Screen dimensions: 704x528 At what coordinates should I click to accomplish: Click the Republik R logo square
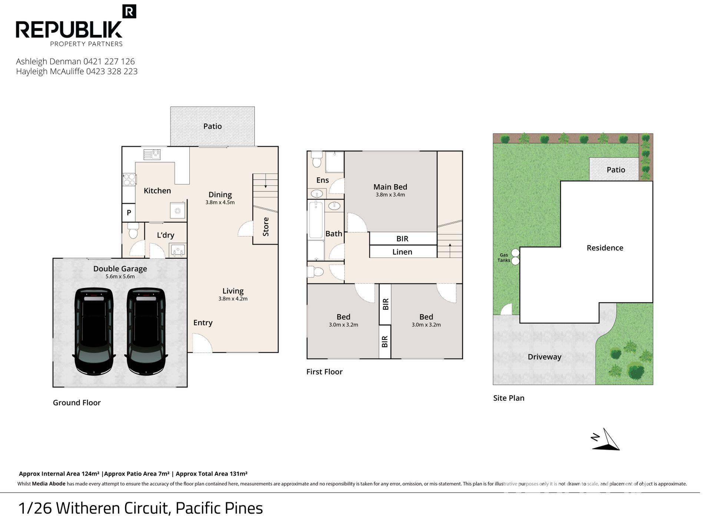coord(129,11)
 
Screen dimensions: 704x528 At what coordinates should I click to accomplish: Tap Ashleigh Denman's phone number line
coord(75,62)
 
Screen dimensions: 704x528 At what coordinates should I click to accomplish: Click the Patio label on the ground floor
coord(213,126)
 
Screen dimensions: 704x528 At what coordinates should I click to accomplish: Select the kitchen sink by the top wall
coord(152,154)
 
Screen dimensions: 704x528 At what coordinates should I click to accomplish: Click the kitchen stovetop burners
coord(129,180)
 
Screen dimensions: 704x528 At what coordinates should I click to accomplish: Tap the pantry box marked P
coord(129,213)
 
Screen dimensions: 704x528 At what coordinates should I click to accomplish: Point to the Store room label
coord(266,227)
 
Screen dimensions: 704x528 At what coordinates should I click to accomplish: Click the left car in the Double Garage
coord(94,331)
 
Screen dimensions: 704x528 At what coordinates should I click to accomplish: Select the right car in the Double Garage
coord(146,331)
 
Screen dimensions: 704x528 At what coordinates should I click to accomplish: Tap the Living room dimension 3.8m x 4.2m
coord(233,299)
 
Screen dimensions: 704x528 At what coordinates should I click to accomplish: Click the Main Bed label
coord(390,187)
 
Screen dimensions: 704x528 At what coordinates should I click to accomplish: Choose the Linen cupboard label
coord(402,252)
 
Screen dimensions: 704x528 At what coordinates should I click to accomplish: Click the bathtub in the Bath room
coord(316,219)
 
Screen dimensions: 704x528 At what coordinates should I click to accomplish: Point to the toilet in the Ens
coord(316,159)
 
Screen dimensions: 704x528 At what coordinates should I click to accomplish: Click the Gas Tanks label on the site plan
coord(504,258)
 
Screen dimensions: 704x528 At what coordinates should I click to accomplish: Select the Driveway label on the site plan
coord(545,357)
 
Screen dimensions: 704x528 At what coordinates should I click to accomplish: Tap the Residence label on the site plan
coord(605,248)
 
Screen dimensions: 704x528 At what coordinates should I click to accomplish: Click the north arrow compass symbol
coord(605,440)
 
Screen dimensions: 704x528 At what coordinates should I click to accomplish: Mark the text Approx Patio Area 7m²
coord(137,474)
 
